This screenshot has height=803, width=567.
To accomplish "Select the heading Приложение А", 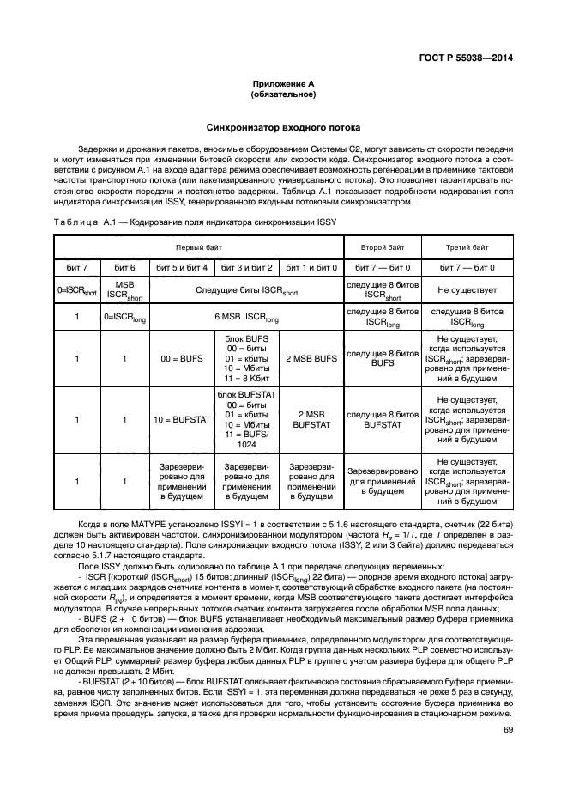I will point(282,84).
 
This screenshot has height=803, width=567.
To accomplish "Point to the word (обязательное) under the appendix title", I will point(282,94).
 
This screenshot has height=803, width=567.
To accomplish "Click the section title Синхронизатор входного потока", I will point(282,126).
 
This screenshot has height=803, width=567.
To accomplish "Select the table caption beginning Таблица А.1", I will point(194,221).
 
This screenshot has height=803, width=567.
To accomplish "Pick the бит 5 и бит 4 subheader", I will point(180,268).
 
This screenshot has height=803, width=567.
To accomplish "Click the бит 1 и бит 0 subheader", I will point(310,268).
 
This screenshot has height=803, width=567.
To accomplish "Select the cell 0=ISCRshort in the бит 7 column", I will point(76,292).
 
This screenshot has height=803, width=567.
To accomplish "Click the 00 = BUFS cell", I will point(180,358).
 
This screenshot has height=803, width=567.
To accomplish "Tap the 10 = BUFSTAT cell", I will point(180,419).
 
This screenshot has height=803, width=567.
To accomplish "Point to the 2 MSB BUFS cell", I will point(310,358).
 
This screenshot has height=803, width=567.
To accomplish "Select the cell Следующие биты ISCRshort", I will point(244,292).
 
